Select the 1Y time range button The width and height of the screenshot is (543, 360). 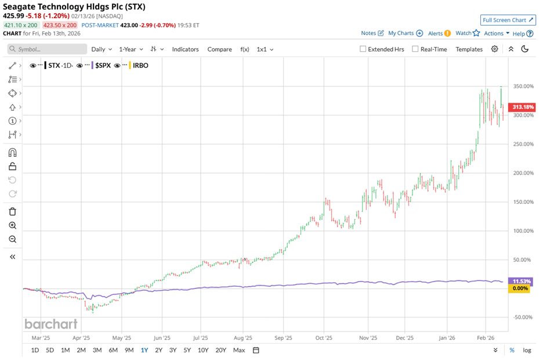click(144, 350)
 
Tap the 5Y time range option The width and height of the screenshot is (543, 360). click(187, 350)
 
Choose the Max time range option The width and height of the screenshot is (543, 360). click(238, 350)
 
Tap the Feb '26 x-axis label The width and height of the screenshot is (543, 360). click(486, 337)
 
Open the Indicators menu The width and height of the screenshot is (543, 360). click(185, 49)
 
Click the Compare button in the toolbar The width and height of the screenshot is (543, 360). click(219, 49)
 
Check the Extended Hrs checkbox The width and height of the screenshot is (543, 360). click(363, 49)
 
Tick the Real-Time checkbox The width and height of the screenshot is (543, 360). click(415, 49)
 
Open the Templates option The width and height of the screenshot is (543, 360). click(469, 49)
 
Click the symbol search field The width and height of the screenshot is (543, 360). click(48, 49)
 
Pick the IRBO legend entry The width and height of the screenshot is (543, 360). click(140, 66)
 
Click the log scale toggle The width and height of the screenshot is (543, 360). click(527, 350)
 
